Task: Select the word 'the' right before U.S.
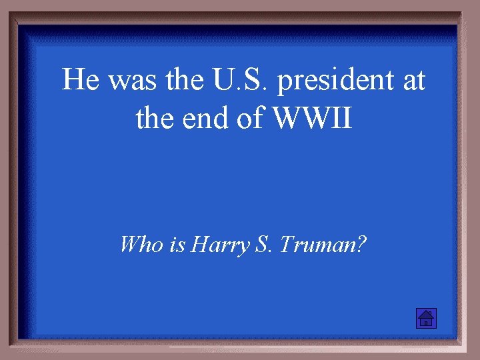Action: [x=179, y=81]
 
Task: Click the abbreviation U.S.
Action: [x=237, y=81]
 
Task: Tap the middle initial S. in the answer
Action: [x=263, y=245]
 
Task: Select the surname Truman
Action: [x=318, y=245]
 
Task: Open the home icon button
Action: [x=425, y=319]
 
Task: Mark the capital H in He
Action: [x=73, y=81]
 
